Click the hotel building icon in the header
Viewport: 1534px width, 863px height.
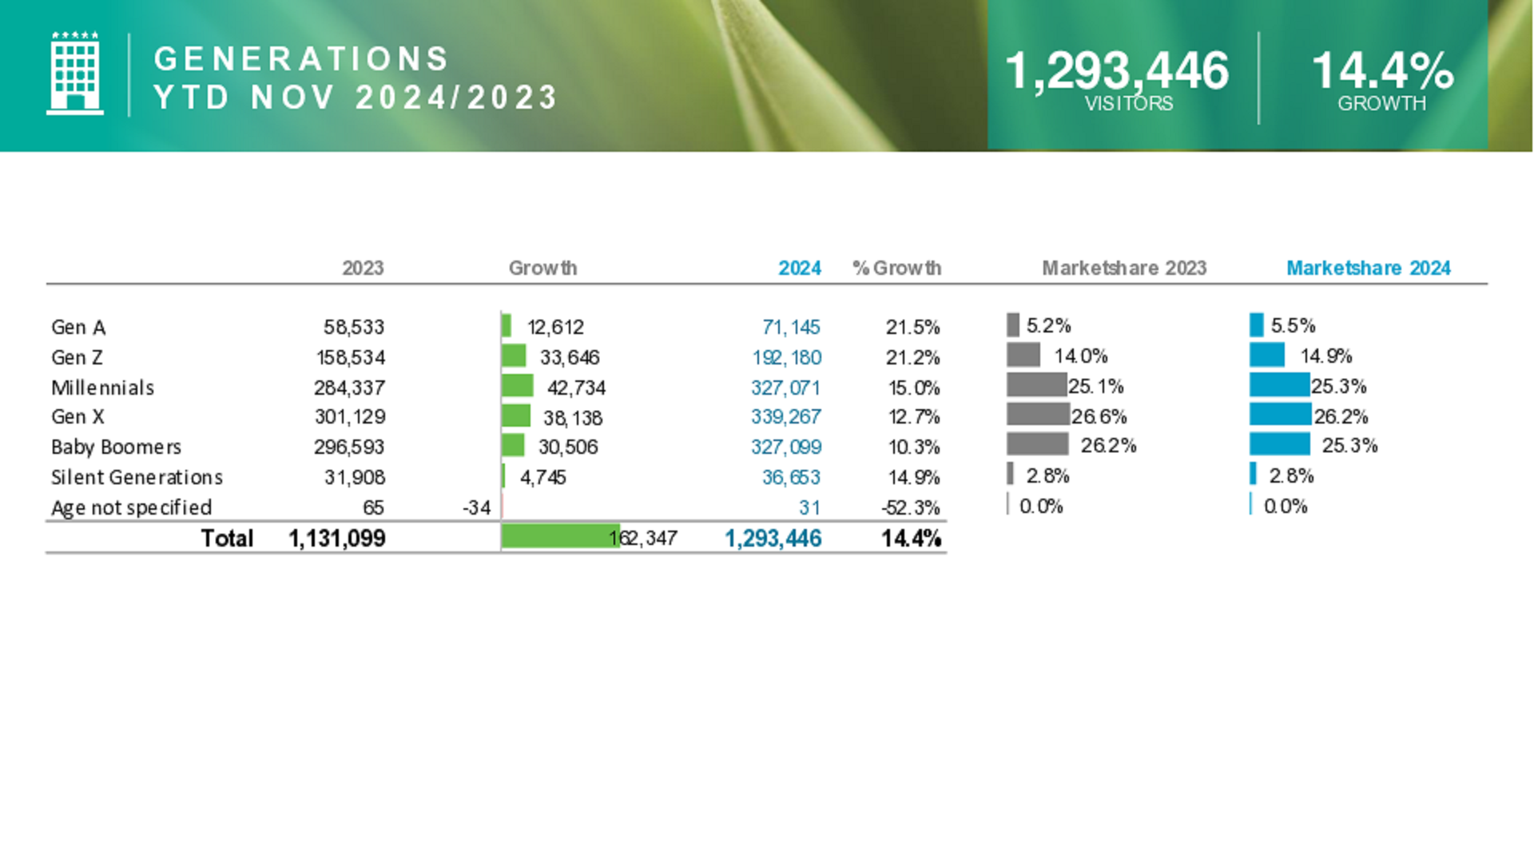click(75, 74)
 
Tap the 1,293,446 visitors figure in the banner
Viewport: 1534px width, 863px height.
click(1116, 70)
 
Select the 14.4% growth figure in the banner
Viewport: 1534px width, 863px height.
click(1382, 70)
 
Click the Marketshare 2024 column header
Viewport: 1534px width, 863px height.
click(1368, 268)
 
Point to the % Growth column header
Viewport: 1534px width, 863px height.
click(896, 268)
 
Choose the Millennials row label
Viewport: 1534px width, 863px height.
click(103, 388)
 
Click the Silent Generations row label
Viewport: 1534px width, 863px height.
click(137, 477)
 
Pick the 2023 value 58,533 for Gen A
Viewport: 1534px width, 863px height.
click(353, 327)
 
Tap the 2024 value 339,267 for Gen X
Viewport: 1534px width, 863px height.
click(785, 417)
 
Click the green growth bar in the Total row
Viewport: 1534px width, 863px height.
click(559, 536)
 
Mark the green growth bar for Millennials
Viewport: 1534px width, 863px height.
click(517, 386)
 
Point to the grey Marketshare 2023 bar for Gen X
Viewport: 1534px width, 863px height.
click(1037, 414)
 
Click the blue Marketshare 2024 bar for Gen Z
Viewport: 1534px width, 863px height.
click(1266, 355)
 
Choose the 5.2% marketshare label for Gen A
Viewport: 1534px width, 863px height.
click(1048, 325)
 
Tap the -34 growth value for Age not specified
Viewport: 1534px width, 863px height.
click(476, 507)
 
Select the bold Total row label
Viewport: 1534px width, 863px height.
click(227, 538)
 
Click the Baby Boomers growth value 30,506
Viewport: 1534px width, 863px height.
click(567, 447)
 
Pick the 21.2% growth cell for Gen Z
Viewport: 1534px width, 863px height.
click(912, 357)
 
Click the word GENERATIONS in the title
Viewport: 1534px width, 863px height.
click(301, 59)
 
